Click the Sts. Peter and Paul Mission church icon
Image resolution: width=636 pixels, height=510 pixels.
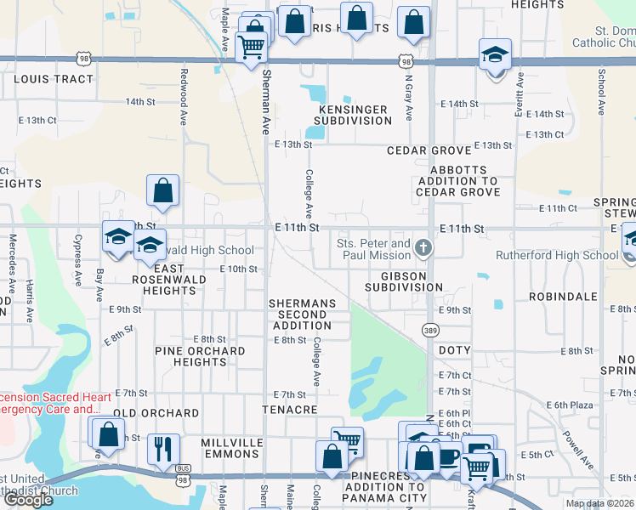click(423, 248)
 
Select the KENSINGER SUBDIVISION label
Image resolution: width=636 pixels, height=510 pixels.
click(353, 115)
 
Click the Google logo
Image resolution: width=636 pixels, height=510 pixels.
click(28, 500)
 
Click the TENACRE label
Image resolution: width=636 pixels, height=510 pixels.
click(293, 410)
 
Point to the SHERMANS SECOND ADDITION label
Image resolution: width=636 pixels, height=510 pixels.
click(302, 314)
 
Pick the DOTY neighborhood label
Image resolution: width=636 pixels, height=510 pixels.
click(454, 350)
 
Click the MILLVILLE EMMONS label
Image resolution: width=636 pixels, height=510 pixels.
click(229, 449)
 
